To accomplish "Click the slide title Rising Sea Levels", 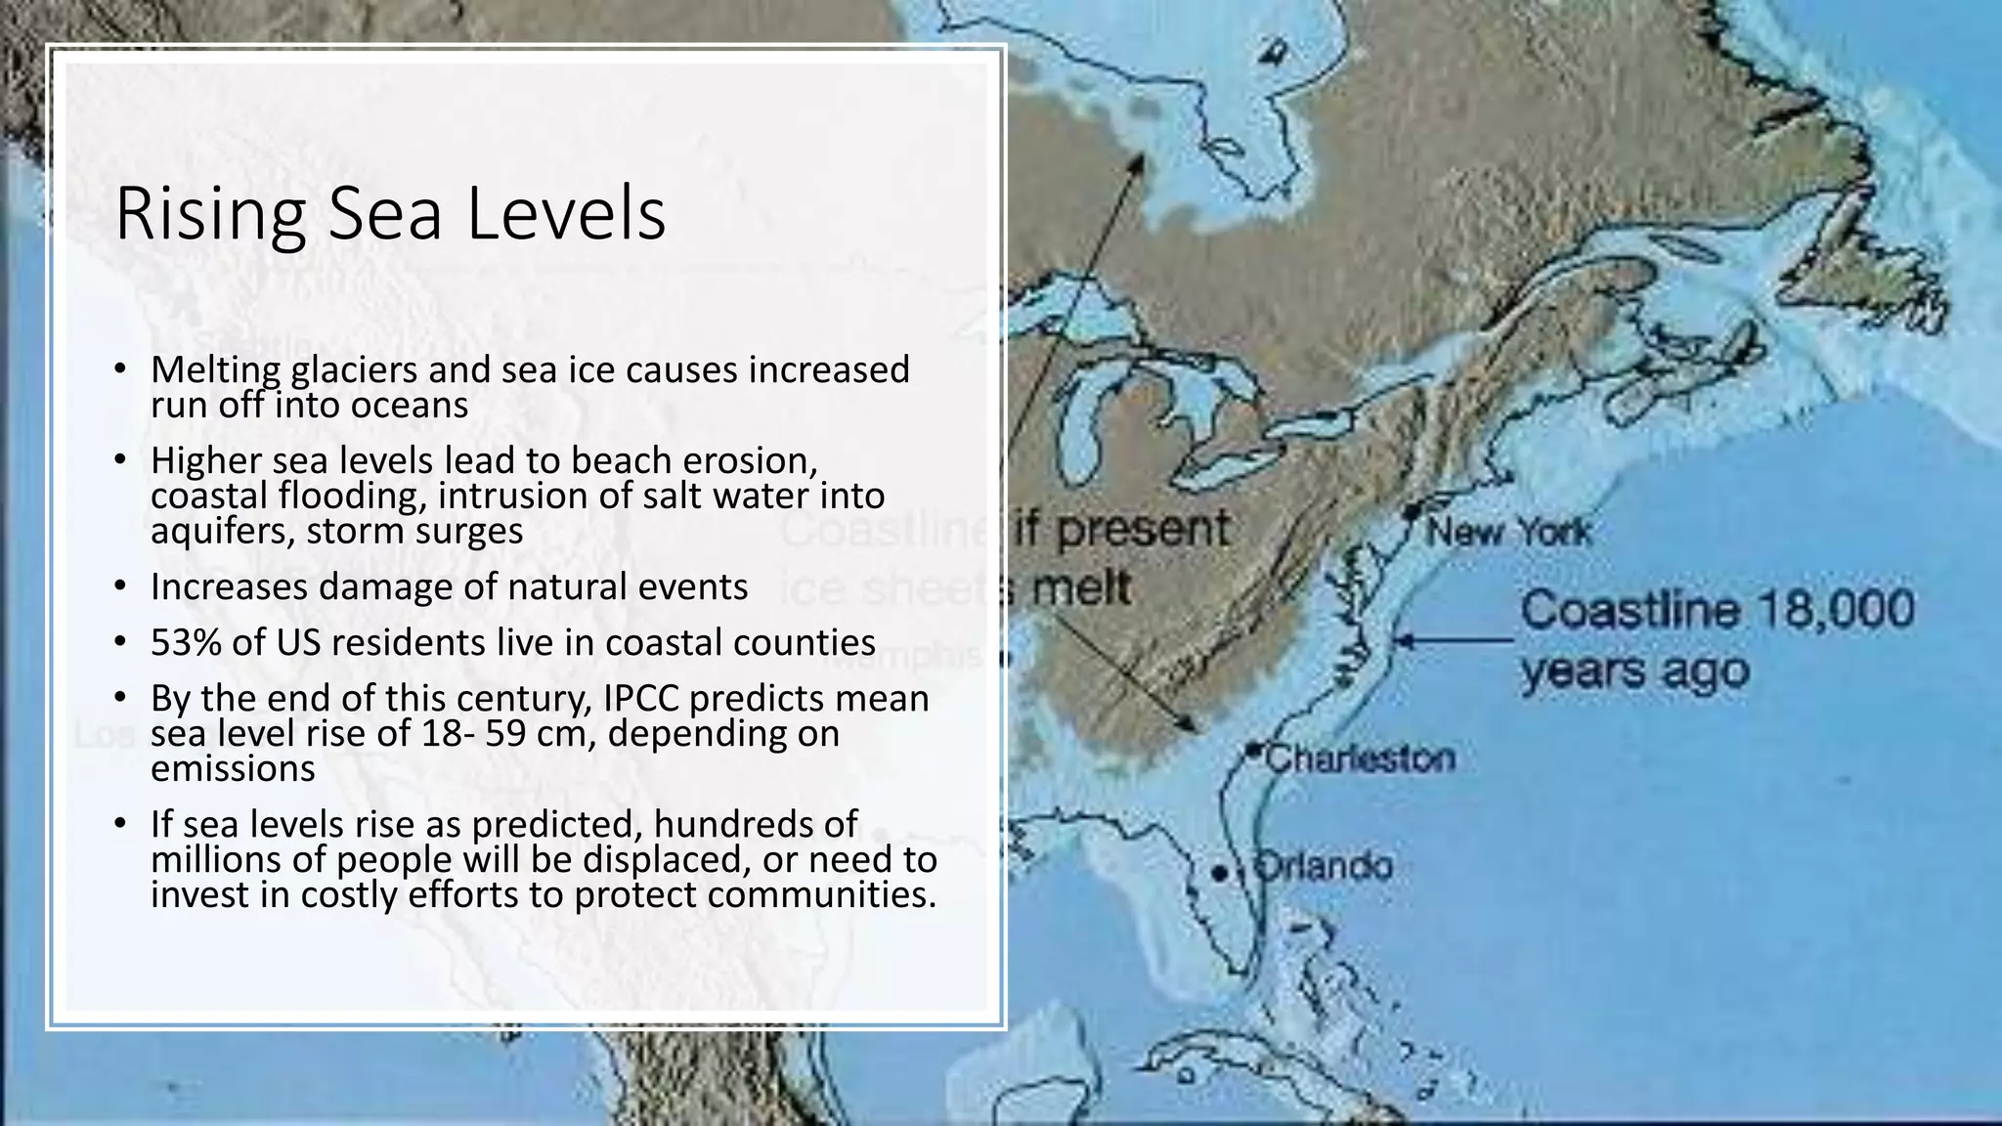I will pyautogui.click(x=390, y=213).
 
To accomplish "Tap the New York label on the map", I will pyautogui.click(x=1508, y=533).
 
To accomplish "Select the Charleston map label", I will pyautogui.click(x=1360, y=758).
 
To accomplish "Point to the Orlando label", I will pyautogui.click(x=1323, y=866).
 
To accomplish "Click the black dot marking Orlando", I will pyautogui.click(x=1219, y=873).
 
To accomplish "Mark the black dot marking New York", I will pyautogui.click(x=1412, y=511).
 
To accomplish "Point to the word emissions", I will pyautogui.click(x=233, y=768).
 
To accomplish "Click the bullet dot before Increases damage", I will pyautogui.click(x=119, y=586).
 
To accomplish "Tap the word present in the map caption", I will pyautogui.click(x=1144, y=529).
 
